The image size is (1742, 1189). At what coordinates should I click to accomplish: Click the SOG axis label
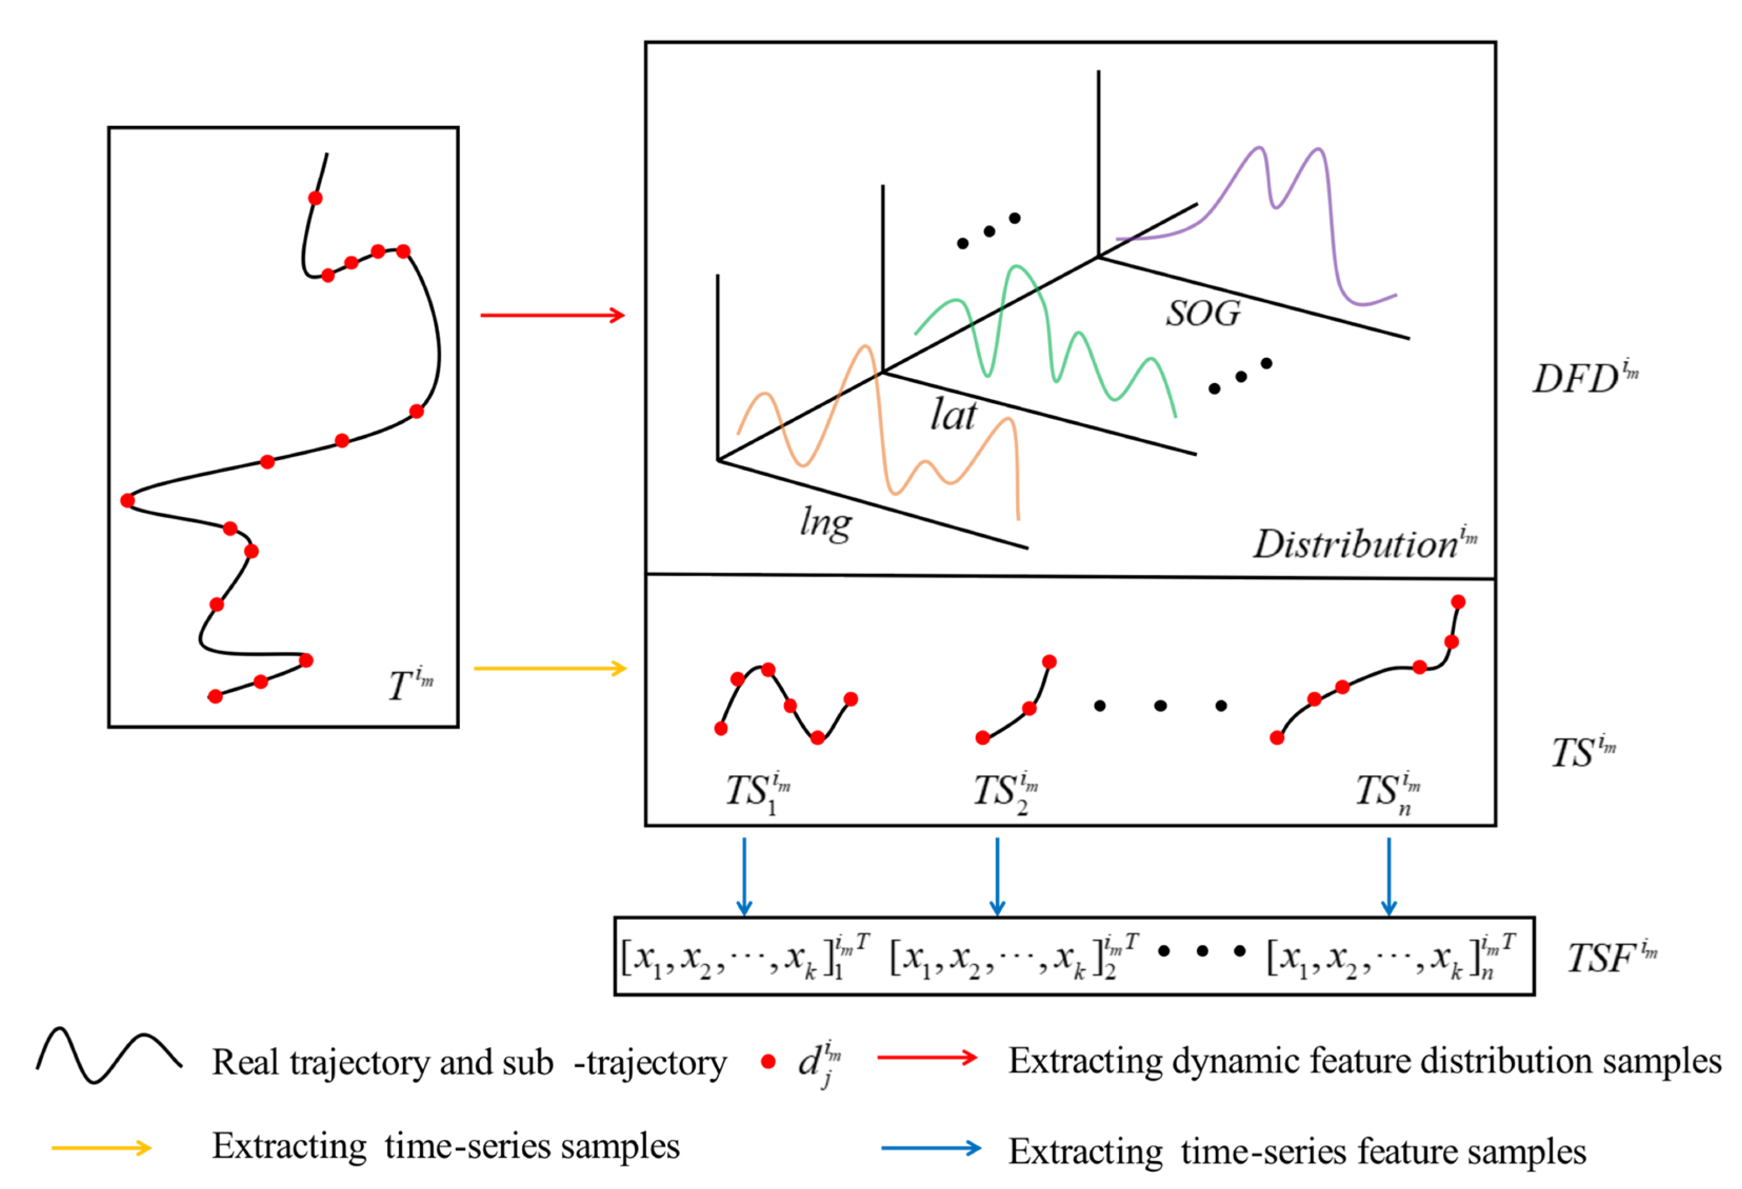pyautogui.click(x=1203, y=313)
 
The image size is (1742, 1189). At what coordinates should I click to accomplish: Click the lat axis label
pyautogui.click(x=954, y=415)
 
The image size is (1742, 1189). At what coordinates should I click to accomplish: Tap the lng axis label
pyautogui.click(x=825, y=523)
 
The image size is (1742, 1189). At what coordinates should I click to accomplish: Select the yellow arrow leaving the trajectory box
pyautogui.click(x=550, y=668)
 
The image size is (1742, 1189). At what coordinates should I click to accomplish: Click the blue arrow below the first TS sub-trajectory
pyautogui.click(x=744, y=876)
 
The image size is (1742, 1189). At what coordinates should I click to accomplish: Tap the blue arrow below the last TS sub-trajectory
pyautogui.click(x=1389, y=876)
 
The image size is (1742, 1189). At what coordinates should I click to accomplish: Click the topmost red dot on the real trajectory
pyautogui.click(x=316, y=198)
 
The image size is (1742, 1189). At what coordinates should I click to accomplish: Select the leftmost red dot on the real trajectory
pyautogui.click(x=127, y=500)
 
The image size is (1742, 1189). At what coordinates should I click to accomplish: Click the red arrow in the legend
pyautogui.click(x=927, y=1058)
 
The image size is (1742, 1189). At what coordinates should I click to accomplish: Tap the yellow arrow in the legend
pyautogui.click(x=101, y=1148)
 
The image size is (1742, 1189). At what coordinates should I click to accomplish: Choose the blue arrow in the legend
pyautogui.click(x=931, y=1148)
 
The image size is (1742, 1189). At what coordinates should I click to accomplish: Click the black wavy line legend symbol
pyautogui.click(x=109, y=1055)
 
